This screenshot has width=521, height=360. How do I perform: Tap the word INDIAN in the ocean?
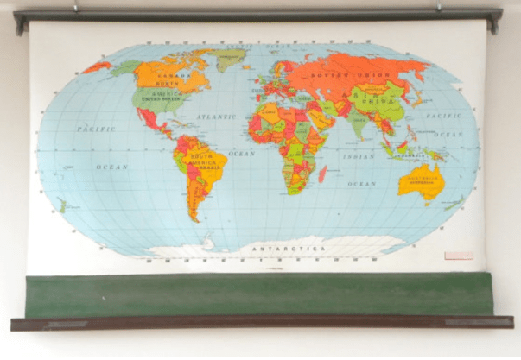pyautogui.click(x=359, y=156)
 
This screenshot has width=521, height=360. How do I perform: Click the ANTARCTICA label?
pyautogui.click(x=289, y=248)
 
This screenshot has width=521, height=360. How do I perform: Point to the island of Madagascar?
pyautogui.click(x=322, y=174)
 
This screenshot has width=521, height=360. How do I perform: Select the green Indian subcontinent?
pyautogui.click(x=358, y=125)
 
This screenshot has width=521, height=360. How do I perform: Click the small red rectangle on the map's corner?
pyautogui.click(x=458, y=256)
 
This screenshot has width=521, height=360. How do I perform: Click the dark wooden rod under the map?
pyautogui.click(x=259, y=323)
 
